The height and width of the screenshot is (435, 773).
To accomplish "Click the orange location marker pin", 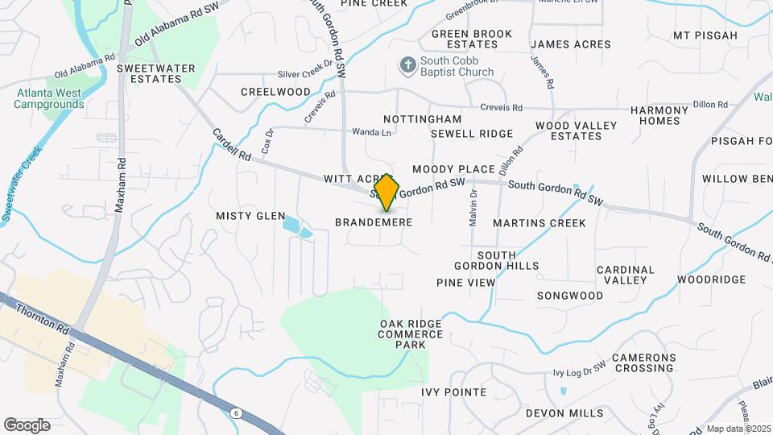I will pyautogui.click(x=387, y=192).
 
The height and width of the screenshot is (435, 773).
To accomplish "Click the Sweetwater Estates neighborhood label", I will pyautogui.click(x=156, y=73).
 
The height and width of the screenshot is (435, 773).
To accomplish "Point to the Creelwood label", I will pyautogui.click(x=275, y=92).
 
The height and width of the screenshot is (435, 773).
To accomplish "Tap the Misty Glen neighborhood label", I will pyautogui.click(x=250, y=216).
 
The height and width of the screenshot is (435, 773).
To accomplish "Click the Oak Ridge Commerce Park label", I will pyautogui.click(x=411, y=333).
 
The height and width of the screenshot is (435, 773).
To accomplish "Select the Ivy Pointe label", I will pyautogui.click(x=454, y=392).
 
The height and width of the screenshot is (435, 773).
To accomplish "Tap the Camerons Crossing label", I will pyautogui.click(x=643, y=362).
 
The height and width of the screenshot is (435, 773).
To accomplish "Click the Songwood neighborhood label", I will pyautogui.click(x=570, y=296).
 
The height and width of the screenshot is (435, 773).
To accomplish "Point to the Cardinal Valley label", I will pyautogui.click(x=622, y=275).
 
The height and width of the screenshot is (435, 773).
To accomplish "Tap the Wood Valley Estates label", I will pyautogui.click(x=576, y=130).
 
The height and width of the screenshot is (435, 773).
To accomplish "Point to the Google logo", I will pyautogui.click(x=27, y=425).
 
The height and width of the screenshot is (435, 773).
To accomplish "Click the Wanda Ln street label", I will pyautogui.click(x=371, y=132).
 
